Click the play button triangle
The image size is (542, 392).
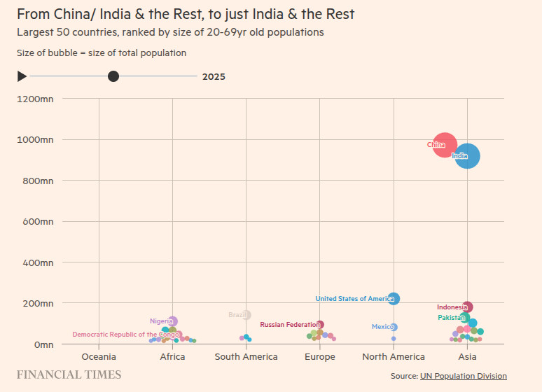[x=22, y=76]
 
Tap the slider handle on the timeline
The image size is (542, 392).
[x=113, y=76]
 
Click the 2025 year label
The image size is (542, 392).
[x=214, y=77]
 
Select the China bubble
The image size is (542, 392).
[x=444, y=145]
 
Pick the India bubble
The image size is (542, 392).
[x=467, y=155]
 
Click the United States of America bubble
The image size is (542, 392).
[x=394, y=299]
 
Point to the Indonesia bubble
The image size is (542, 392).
[x=467, y=307]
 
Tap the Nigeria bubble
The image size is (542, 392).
[x=172, y=321]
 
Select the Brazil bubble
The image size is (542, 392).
[x=246, y=315]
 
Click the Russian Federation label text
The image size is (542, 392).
[x=289, y=325]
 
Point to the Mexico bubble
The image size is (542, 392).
[x=394, y=327]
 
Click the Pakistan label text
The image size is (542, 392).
[x=451, y=318]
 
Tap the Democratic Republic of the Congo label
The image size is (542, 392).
[x=126, y=335]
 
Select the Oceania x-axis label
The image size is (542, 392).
[x=99, y=357]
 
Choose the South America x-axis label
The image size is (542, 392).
[x=246, y=357]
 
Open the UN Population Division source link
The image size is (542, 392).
[x=463, y=376]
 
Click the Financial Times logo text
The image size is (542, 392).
[x=69, y=375]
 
